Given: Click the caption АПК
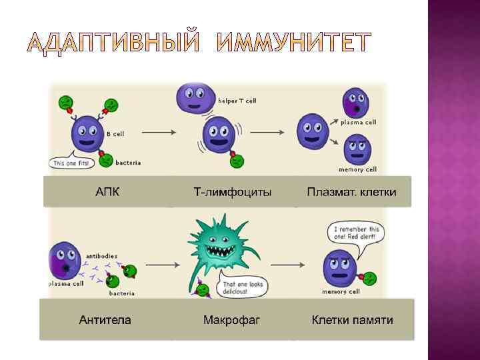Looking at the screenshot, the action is [x=107, y=192].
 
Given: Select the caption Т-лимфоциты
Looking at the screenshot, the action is [x=232, y=192].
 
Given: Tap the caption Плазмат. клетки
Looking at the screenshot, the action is [x=351, y=192].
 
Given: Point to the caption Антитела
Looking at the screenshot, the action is [x=105, y=320].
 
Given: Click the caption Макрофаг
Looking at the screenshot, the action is [x=231, y=320].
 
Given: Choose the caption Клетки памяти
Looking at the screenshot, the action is [x=352, y=320].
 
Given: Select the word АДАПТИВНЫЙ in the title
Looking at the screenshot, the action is [x=113, y=43].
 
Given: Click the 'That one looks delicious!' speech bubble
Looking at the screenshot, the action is [x=245, y=286].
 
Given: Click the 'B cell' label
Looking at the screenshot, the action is [x=115, y=134].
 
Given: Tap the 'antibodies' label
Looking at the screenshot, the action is [x=103, y=255].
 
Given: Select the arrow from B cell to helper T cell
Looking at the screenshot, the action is [x=159, y=132].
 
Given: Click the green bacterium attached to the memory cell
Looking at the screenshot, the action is [x=369, y=276].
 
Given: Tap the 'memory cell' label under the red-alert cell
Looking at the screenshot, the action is [x=339, y=292].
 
